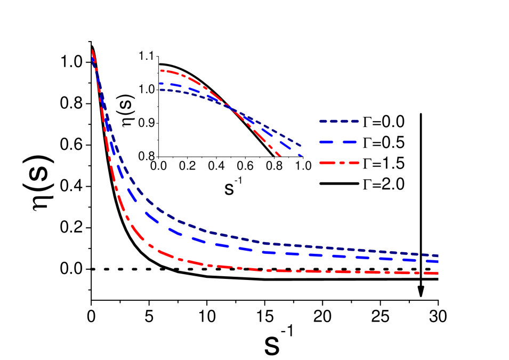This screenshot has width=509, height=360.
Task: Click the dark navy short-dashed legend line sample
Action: [x=339, y=122]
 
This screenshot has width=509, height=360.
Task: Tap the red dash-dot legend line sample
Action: [x=339, y=162]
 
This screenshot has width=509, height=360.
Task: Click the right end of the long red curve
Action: [x=438, y=273]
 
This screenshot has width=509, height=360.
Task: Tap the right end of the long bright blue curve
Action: [x=438, y=261]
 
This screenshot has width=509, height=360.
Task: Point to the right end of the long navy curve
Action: [x=438, y=255]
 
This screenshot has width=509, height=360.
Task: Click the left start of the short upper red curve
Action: [x=161, y=70]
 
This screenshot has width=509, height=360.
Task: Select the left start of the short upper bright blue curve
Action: [x=160, y=83]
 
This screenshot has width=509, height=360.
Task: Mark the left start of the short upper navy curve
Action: [x=160, y=90]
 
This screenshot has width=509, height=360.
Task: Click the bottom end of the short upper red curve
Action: [x=280, y=155]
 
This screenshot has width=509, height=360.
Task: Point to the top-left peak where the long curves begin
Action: [x=93, y=51]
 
